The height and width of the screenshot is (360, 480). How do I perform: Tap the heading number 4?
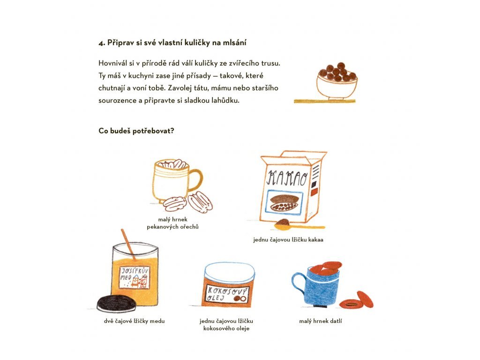(102, 43)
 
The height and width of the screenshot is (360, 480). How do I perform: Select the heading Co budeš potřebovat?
(136, 131)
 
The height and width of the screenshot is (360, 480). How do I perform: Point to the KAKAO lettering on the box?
(287, 178)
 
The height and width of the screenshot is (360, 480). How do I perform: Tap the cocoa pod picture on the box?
(285, 202)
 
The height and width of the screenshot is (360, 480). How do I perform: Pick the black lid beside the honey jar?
(117, 304)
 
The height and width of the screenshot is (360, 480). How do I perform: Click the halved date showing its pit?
(351, 304)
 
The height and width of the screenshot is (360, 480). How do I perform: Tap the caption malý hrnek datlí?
(320, 321)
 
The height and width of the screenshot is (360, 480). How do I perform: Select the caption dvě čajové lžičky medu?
(134, 321)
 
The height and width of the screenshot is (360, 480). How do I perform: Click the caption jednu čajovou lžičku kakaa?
(288, 240)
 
